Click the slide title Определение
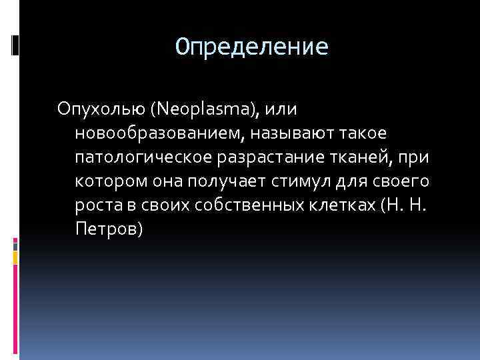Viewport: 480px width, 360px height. point(252,47)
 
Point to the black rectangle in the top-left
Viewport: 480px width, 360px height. point(15,44)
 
